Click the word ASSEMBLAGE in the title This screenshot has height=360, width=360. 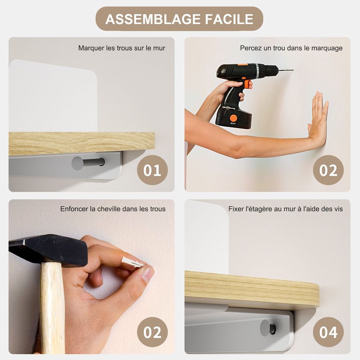(x=153, y=19)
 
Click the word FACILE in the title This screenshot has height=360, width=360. (x=229, y=19)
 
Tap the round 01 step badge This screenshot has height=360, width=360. (x=152, y=170)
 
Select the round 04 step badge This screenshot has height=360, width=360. (x=328, y=332)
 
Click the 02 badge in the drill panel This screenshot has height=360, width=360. (x=328, y=170)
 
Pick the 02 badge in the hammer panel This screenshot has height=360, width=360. (x=152, y=332)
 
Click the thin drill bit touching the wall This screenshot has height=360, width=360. (x=286, y=70)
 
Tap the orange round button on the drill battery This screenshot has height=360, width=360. (x=233, y=118)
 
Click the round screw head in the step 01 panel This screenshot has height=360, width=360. (x=77, y=163)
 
